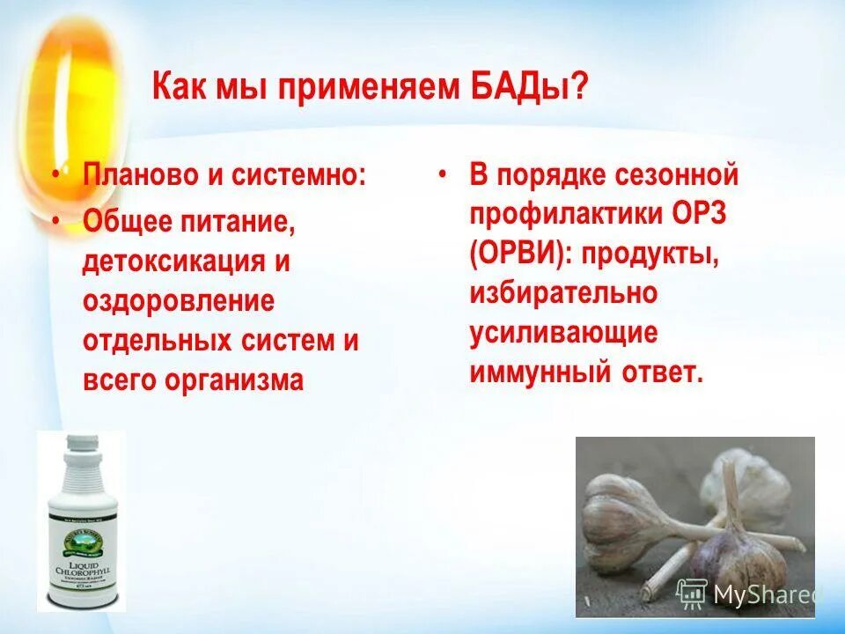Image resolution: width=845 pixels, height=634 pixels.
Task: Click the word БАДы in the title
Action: click(x=527, y=89)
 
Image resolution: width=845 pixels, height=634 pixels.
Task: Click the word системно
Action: click(x=298, y=173)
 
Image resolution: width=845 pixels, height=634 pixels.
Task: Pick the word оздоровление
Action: click(x=179, y=301)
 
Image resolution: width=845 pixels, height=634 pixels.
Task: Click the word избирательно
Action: click(x=562, y=293)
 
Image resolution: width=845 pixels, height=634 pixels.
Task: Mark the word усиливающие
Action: click(x=563, y=333)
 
